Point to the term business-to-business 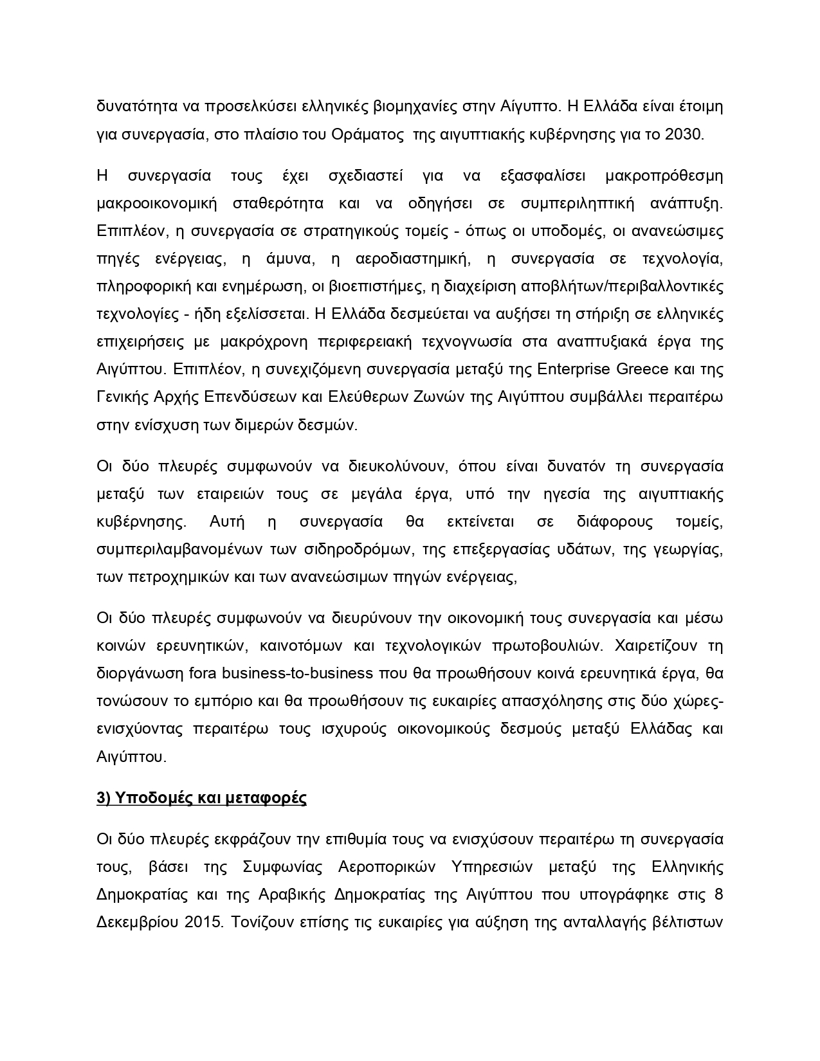(x=297, y=673)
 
